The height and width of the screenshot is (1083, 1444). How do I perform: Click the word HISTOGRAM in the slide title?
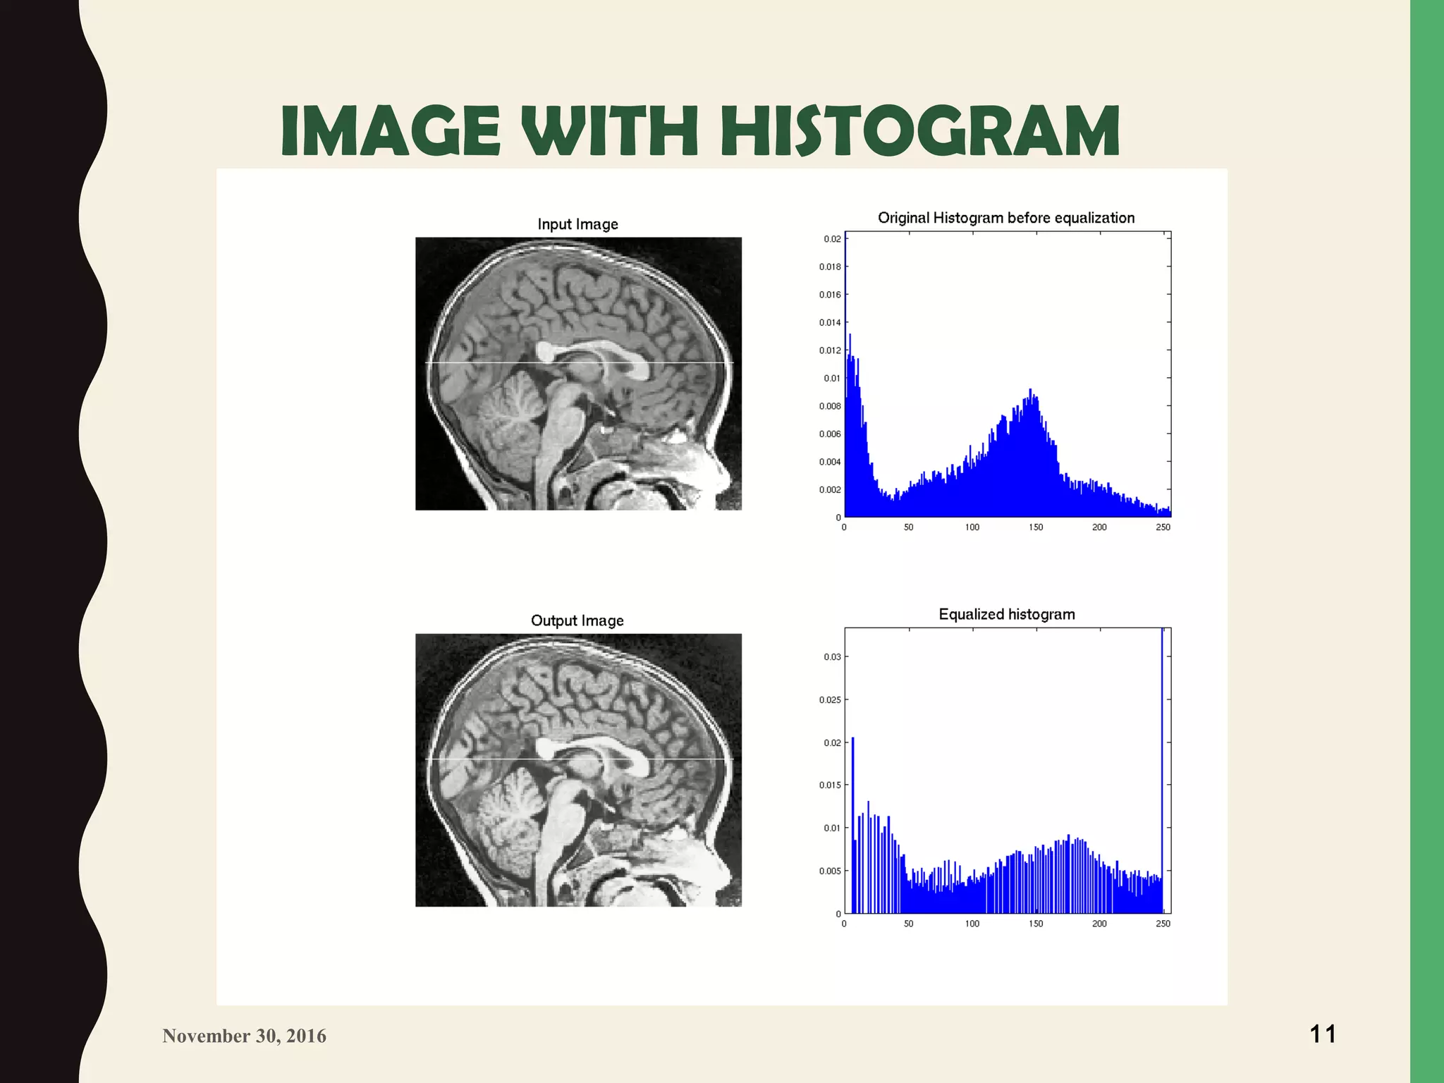pyautogui.click(x=920, y=131)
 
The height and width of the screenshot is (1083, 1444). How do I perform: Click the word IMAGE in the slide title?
pyautogui.click(x=390, y=131)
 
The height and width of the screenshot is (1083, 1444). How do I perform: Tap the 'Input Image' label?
pyautogui.click(x=577, y=224)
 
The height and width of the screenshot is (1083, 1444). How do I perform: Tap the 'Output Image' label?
pyautogui.click(x=577, y=620)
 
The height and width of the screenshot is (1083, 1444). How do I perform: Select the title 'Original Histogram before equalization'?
pyautogui.click(x=1006, y=218)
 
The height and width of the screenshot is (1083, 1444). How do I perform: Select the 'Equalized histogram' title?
pyautogui.click(x=1006, y=614)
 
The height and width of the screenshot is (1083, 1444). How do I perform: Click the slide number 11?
pyautogui.click(x=1323, y=1034)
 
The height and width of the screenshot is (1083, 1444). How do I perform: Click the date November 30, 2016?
pyautogui.click(x=244, y=1036)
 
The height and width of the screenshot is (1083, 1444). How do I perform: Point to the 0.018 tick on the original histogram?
pyautogui.click(x=830, y=267)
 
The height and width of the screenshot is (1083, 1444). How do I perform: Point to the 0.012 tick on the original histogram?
pyautogui.click(x=830, y=350)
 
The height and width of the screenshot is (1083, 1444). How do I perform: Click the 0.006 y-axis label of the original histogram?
pyautogui.click(x=830, y=434)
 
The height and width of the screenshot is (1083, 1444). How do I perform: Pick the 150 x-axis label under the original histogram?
pyautogui.click(x=1036, y=527)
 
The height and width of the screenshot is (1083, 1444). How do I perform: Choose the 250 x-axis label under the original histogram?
pyautogui.click(x=1163, y=527)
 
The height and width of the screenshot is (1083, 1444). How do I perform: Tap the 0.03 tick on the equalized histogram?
pyautogui.click(x=832, y=657)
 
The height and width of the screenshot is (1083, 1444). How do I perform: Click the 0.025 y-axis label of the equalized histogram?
pyautogui.click(x=830, y=700)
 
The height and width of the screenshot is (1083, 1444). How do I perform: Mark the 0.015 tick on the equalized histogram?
pyautogui.click(x=830, y=785)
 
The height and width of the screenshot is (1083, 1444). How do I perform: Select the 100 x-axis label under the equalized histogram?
pyautogui.click(x=972, y=924)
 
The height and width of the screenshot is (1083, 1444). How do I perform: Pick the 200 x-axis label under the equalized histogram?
pyautogui.click(x=1099, y=924)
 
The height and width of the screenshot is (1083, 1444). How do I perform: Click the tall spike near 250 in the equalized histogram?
pyautogui.click(x=1162, y=740)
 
